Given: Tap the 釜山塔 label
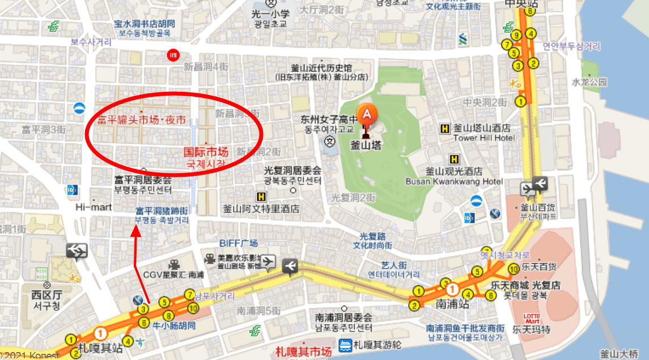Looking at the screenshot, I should click(365, 145).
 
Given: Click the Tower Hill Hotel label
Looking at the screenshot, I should click(483, 138).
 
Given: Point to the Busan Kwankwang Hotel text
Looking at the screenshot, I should click(454, 181).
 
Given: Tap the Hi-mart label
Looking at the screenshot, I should click(94, 207).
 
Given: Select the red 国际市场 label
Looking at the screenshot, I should click(206, 152).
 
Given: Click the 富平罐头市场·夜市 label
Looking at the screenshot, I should click(142, 120).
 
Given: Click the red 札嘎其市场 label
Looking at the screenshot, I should click(303, 351).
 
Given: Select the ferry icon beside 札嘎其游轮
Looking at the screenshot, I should click(345, 345).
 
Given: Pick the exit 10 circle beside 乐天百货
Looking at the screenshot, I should click(514, 268).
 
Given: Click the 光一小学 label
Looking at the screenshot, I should click(271, 14).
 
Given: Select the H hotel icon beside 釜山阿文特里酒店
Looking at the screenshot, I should click(261, 197).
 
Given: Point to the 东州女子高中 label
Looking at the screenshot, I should click(329, 120).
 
